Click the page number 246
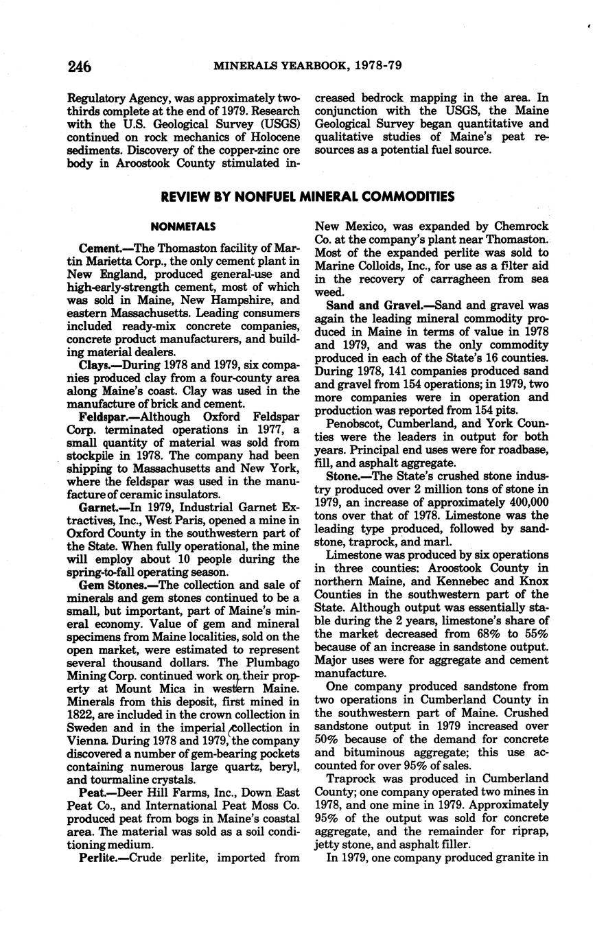pyautogui.click(x=80, y=67)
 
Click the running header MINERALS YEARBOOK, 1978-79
pyautogui.click(x=307, y=67)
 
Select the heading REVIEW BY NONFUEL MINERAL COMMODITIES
pyautogui.click(x=307, y=198)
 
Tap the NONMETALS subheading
pyautogui.click(x=183, y=226)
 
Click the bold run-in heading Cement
pyautogui.click(x=100, y=248)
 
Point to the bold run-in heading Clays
pyautogui.click(x=94, y=364)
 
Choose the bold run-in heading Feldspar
pyautogui.click(x=102, y=417)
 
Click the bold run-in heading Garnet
pyautogui.click(x=98, y=507)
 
